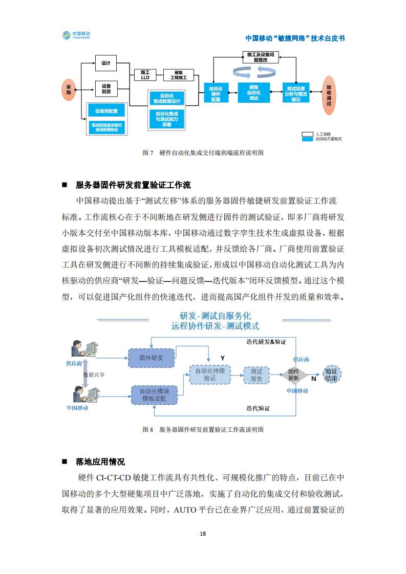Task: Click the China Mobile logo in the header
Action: click(76, 35)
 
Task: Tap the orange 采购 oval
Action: click(69, 90)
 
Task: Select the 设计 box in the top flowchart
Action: click(106, 63)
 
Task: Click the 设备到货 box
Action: click(106, 89)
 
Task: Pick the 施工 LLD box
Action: click(145, 75)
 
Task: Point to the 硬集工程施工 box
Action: click(179, 75)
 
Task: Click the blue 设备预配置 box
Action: click(106, 111)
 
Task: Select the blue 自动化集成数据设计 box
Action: click(167, 98)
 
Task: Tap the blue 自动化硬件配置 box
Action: click(216, 94)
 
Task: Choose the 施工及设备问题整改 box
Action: click(261, 57)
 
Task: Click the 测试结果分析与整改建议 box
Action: click(296, 93)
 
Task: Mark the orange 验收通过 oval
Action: click(329, 95)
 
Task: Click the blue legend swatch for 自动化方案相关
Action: click(307, 139)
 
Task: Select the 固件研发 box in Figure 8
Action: click(152, 358)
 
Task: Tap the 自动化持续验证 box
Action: click(210, 374)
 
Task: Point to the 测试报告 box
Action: click(257, 375)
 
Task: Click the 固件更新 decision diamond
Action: click(293, 374)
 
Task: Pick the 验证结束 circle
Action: click(332, 374)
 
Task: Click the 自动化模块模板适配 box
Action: click(154, 395)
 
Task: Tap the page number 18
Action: click(203, 534)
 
